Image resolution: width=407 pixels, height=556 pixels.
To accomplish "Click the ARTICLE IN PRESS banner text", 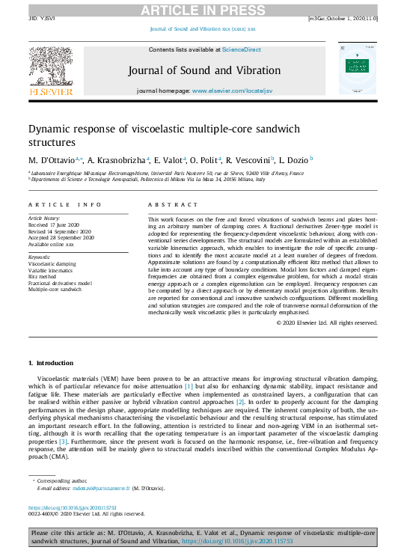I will coord(203,10).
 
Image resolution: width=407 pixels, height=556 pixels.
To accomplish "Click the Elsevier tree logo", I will coord(51,66).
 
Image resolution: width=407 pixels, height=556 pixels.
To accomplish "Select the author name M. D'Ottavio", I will coord(51,159).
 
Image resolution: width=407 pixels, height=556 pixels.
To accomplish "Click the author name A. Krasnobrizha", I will coord(117,159).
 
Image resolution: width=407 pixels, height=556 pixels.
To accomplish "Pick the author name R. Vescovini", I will coord(249,159).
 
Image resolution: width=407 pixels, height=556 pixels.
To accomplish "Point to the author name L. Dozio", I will coord(293,159).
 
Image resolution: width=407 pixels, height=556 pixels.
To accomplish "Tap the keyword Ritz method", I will coord(43,276).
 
